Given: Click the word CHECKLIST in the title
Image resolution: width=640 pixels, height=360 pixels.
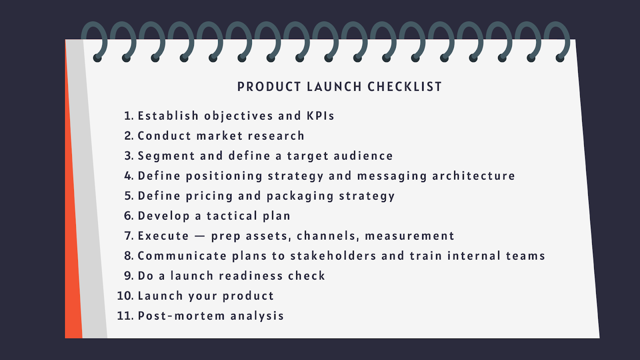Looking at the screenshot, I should pyautogui.click(x=404, y=87).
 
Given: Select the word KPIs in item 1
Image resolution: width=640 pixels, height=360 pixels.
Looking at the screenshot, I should pyautogui.click(x=320, y=116).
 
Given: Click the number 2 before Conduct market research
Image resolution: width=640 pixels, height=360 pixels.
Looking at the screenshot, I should pyautogui.click(x=128, y=136).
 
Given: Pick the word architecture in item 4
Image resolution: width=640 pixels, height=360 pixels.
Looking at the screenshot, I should pyautogui.click(x=474, y=176).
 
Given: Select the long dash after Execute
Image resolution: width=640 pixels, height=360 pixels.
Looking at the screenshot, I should pyautogui.click(x=200, y=236).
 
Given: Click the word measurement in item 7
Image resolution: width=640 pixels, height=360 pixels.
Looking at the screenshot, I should pyautogui.click(x=410, y=236).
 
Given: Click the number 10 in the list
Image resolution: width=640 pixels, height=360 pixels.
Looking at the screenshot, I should pyautogui.click(x=125, y=296).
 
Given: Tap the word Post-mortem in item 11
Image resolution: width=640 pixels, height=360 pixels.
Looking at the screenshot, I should pyautogui.click(x=181, y=316).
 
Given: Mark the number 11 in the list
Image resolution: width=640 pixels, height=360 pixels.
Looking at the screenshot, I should pyautogui.click(x=125, y=316).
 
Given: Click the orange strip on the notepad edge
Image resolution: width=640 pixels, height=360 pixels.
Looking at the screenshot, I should pyautogui.click(x=73, y=240).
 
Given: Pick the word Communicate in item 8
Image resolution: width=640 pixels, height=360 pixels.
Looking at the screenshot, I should pyautogui.click(x=182, y=256).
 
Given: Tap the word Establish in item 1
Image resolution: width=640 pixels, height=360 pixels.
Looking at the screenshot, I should pyautogui.click(x=168, y=116).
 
